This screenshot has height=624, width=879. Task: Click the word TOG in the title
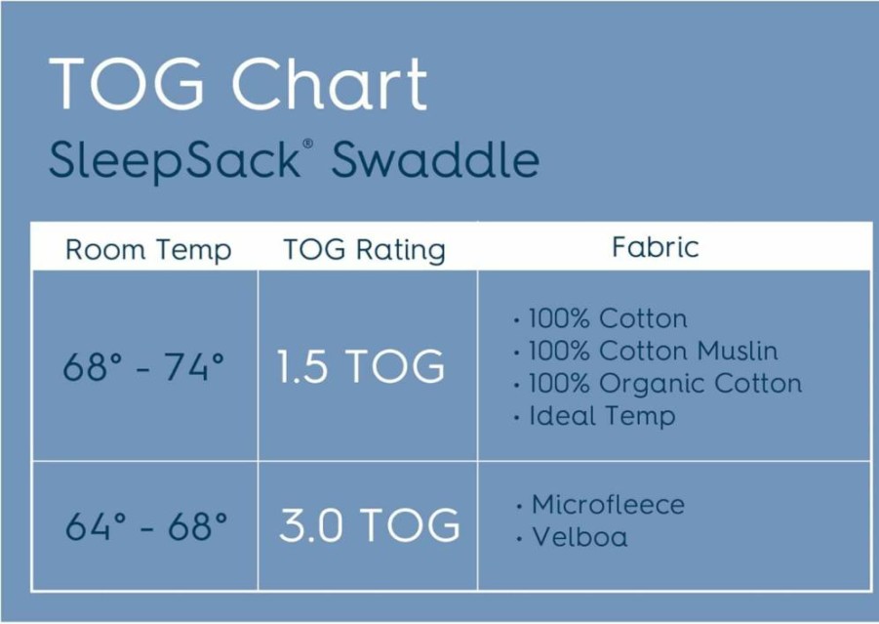126,83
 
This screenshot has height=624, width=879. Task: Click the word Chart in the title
330,83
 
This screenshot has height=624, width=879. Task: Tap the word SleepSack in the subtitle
175,160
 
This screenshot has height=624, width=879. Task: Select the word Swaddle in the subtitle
435,159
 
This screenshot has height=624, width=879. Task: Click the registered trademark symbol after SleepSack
307,144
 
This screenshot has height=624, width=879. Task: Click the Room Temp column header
148,250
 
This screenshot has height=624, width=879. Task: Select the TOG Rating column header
365,250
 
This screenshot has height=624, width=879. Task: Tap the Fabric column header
656,247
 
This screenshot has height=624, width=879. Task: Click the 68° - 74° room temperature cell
143,367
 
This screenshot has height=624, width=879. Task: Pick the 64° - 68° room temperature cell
146,526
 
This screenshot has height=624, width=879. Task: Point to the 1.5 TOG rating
361,366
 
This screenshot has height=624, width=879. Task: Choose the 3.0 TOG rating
370,525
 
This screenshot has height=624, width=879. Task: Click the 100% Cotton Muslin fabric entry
653,352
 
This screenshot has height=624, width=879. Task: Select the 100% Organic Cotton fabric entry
664,384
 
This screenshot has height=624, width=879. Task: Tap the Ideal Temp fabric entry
602,416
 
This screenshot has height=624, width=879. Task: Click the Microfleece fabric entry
608,505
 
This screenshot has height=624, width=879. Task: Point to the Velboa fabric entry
579,537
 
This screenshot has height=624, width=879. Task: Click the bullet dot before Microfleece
519,507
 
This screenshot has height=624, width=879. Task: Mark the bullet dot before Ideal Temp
516,419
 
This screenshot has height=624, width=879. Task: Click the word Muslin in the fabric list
738,352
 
